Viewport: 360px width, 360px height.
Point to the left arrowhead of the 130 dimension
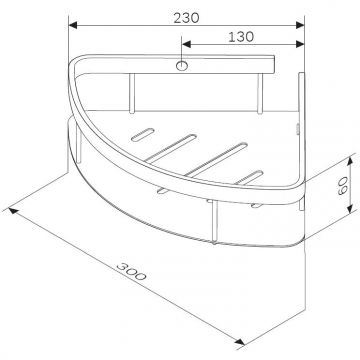point(185,46)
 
